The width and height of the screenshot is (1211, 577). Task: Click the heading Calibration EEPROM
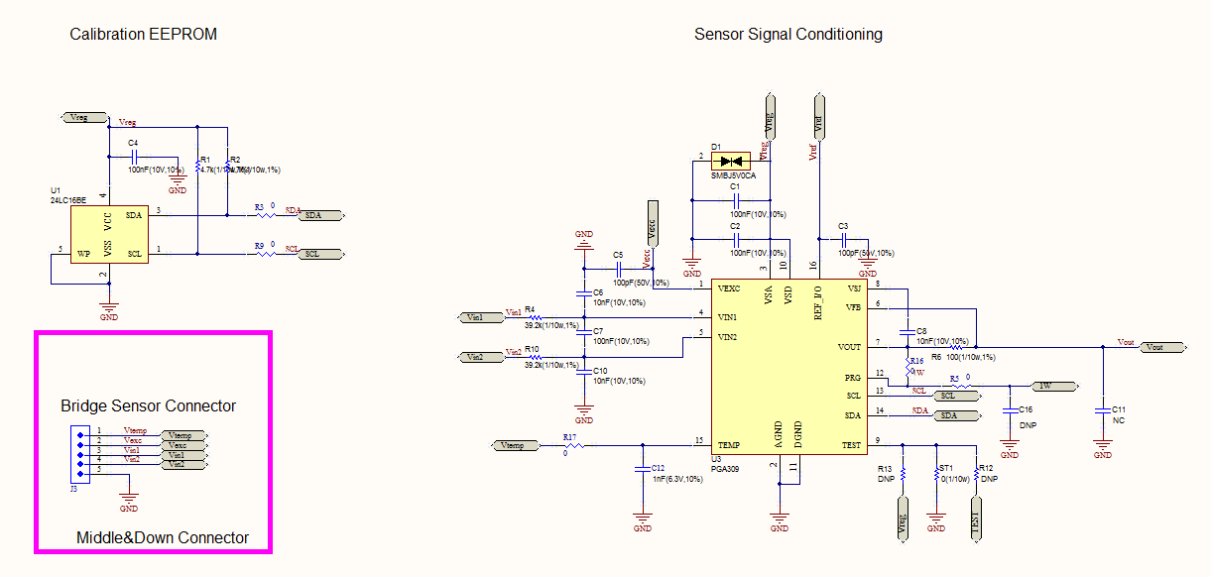(x=143, y=35)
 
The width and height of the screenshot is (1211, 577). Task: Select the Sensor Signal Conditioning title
(x=787, y=35)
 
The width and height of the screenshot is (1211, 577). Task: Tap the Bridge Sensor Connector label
(x=148, y=406)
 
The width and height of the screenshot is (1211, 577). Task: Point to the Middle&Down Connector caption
(x=162, y=538)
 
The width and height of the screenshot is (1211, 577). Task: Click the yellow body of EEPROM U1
(x=109, y=235)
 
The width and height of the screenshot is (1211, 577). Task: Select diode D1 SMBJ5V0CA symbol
(x=735, y=161)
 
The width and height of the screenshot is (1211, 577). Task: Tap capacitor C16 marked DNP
(x=1010, y=408)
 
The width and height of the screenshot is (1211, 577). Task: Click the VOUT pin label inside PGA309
(x=849, y=348)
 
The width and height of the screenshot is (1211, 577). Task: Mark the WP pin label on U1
(x=84, y=254)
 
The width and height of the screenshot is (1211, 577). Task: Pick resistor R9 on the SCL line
(x=265, y=255)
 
